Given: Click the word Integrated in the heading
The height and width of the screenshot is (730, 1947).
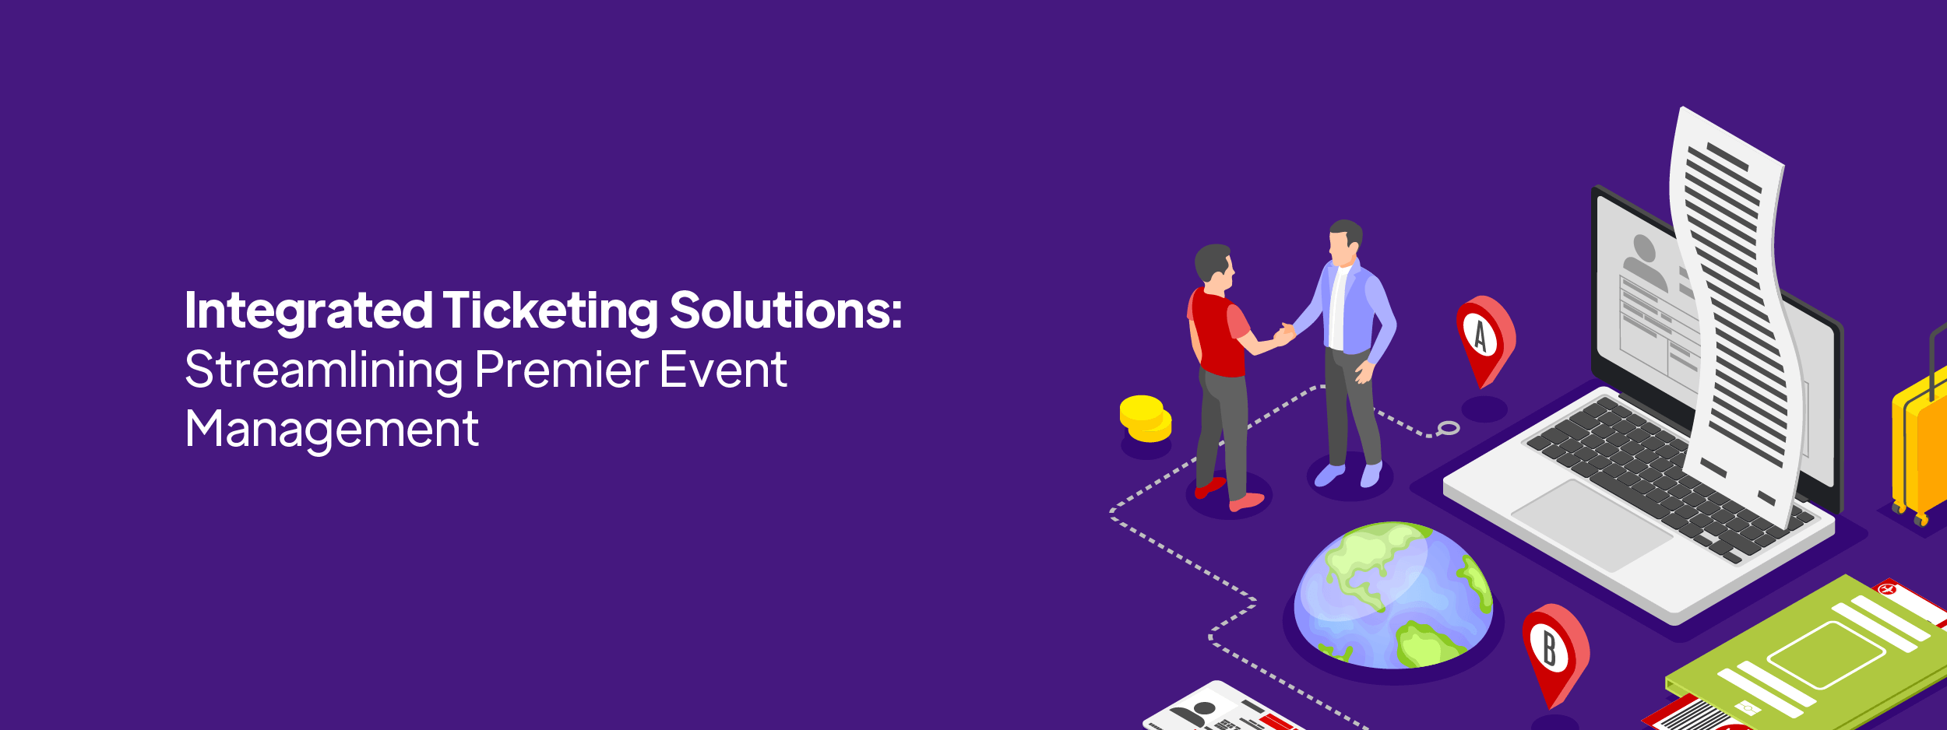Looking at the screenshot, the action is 308,312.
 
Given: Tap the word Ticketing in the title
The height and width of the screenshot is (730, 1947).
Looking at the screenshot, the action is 551,312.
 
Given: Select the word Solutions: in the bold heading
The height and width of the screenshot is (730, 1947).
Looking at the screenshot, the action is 786,311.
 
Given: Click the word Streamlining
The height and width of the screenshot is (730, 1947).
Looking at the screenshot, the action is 324,371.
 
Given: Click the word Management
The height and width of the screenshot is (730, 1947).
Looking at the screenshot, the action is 332,430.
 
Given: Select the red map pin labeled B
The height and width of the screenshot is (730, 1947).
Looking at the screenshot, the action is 1554,652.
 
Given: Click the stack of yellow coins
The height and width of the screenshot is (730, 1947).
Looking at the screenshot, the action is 1145,419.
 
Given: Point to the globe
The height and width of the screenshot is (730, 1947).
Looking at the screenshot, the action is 1393,595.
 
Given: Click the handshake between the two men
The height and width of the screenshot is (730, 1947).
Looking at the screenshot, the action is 1284,334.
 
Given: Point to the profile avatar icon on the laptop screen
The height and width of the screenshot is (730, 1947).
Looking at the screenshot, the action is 1644,261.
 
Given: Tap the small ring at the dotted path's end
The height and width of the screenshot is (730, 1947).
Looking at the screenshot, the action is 1449,427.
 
